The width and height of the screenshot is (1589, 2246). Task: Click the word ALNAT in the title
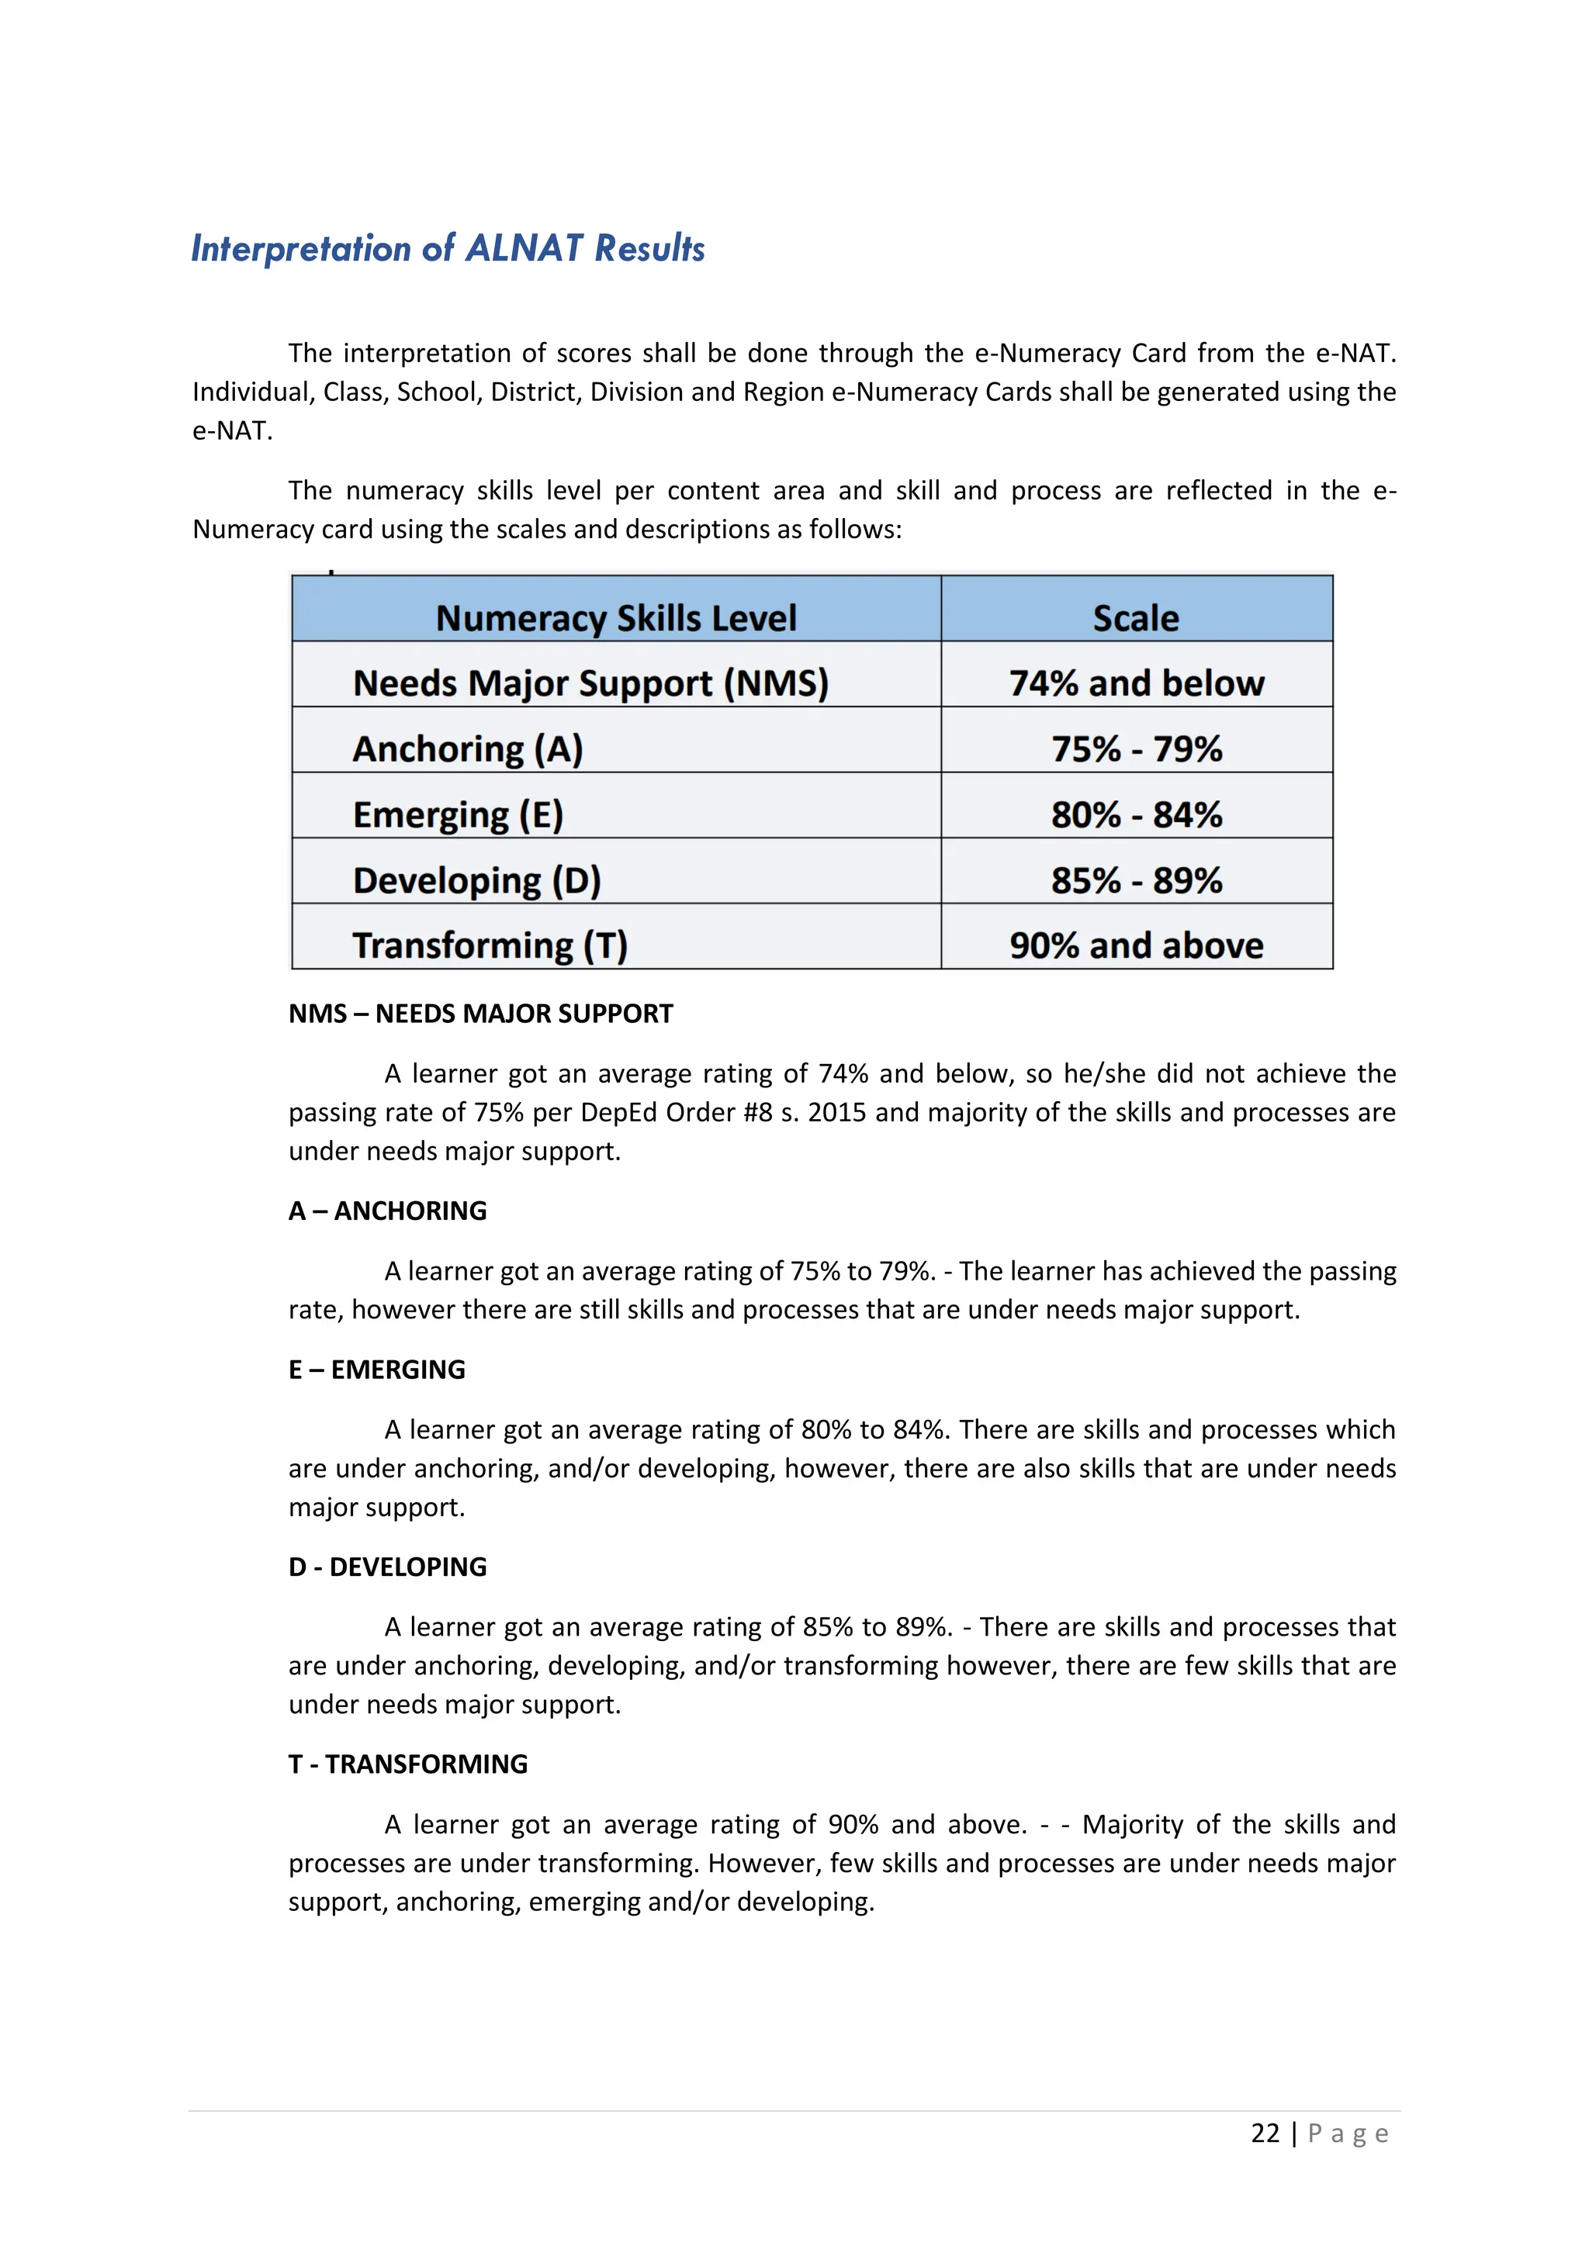coord(524,248)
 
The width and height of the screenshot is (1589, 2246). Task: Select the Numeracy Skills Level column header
coord(615,618)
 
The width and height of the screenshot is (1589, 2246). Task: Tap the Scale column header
coord(1135,618)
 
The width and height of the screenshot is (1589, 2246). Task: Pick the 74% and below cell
coord(1136,682)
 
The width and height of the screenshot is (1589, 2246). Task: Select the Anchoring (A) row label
coord(468,748)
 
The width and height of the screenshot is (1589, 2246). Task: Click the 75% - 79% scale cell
coord(1136,748)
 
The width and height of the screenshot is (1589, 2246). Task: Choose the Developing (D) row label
coord(476,879)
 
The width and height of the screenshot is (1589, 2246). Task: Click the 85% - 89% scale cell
coord(1136,879)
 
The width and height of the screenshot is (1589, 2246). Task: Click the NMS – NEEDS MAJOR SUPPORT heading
coord(480,1014)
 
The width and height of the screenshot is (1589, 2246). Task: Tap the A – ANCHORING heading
coord(387,1211)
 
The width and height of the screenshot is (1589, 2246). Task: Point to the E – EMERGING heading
coord(377,1370)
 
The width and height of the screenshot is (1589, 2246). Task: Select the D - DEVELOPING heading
coord(387,1567)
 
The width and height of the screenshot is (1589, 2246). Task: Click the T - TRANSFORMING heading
coord(408,1764)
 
